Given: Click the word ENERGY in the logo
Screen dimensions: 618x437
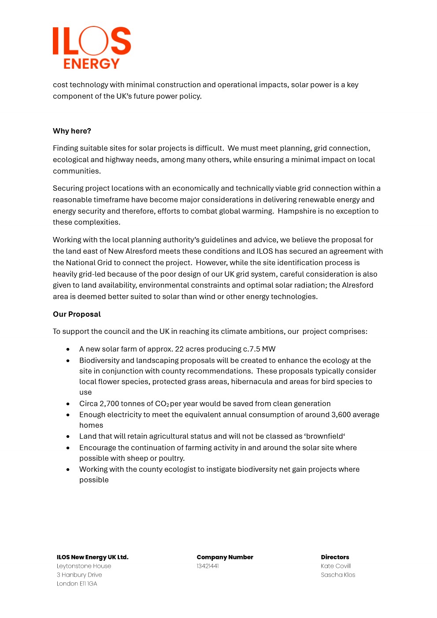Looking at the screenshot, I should tap(91, 64).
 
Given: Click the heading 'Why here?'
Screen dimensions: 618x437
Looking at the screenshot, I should tap(72, 131).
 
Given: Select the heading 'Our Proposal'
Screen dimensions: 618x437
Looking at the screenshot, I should tap(77, 314).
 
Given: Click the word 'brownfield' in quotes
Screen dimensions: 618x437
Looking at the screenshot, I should tap(325, 436).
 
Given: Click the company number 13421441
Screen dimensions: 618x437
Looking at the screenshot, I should tap(207, 566).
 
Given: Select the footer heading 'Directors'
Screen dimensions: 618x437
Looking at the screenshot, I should tap(335, 557).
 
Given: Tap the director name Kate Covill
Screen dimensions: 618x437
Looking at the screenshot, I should tap(336, 566).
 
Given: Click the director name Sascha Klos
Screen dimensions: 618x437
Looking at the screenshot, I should tap(338, 575).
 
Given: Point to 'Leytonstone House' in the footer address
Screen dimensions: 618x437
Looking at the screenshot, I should tap(84, 566).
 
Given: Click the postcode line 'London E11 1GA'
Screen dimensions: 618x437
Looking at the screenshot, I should tap(77, 584).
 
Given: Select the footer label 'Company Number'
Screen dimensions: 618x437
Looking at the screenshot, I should tap(225, 557).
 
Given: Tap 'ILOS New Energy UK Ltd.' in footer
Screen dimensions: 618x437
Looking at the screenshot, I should tap(93, 557).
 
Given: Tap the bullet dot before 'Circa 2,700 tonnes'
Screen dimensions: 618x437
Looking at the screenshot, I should tap(68, 404).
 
